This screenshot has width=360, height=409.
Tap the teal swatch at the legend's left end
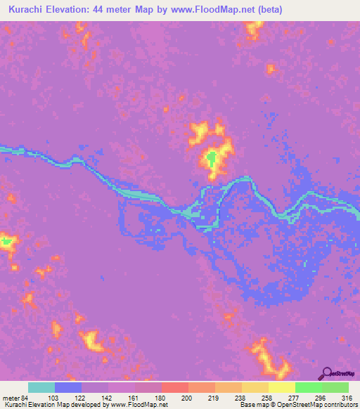[41, 387]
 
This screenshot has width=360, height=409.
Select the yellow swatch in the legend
[282, 387]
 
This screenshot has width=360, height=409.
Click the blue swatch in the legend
[68, 387]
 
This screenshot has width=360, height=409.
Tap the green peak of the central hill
[211, 157]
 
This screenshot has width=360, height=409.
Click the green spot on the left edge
[6, 242]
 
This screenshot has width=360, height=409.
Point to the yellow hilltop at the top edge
[253, 27]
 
